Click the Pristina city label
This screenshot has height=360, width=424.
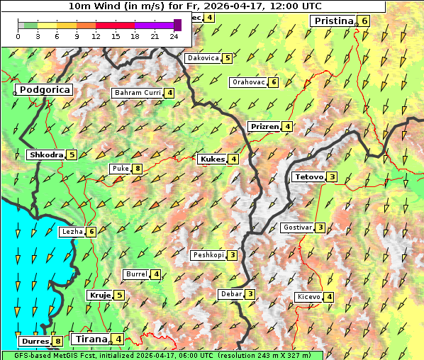coord(333,21)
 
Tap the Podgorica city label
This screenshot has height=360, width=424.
coord(44,90)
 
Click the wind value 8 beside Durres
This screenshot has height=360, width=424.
coord(57,342)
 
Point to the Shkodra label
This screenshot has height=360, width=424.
coord(46,155)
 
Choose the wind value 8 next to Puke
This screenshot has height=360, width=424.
coord(137,169)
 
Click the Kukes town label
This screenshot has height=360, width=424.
coord(213,159)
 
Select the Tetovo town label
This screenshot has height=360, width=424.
coord(308,177)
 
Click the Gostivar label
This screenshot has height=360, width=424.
coord(296,227)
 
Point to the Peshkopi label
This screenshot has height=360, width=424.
coord(208,255)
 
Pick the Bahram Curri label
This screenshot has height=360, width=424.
coord(138,93)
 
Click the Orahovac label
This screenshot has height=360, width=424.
coord(248,82)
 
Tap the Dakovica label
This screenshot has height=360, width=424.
coord(202,58)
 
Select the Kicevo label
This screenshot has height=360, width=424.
coord(308,297)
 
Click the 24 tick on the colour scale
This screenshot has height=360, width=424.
coord(174,35)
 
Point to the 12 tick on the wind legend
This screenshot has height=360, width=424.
coord(96,35)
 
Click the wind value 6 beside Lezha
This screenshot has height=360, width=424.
coord(91,232)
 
